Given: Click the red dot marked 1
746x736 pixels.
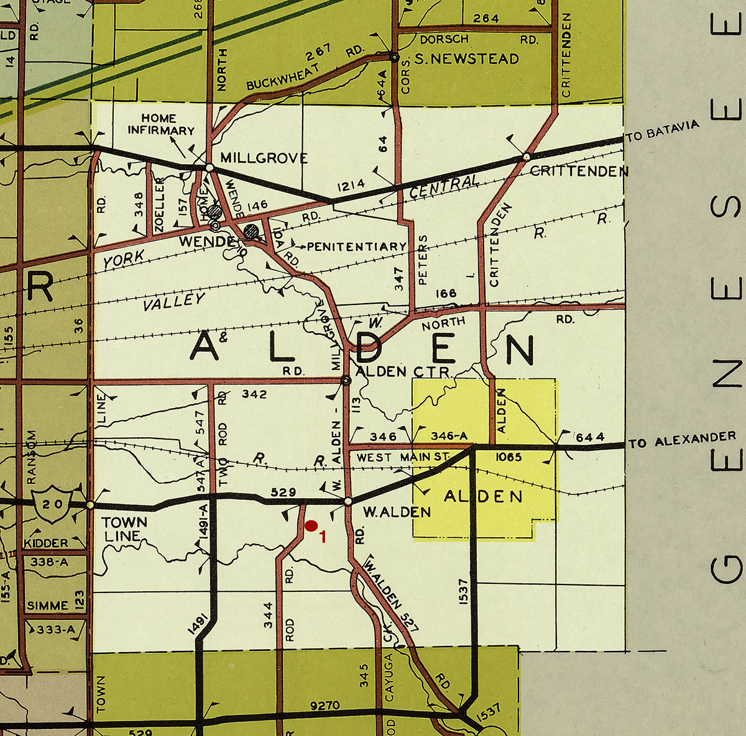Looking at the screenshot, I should click(311, 526).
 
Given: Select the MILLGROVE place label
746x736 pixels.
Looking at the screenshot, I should click(264, 158).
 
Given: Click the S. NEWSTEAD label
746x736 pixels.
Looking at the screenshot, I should click(466, 59).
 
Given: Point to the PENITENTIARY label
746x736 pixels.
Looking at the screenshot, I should click(357, 247).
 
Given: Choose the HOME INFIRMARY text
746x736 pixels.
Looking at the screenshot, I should click(160, 124).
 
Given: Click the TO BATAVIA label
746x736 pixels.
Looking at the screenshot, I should click(663, 131).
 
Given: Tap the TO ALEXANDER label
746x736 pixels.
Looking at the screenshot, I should click(682, 440).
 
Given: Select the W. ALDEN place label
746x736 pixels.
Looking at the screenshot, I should click(397, 512).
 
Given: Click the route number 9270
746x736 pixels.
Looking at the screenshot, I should click(325, 706).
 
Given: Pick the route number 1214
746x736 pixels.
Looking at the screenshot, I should click(351, 186).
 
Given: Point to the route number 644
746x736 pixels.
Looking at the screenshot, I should click(590, 437).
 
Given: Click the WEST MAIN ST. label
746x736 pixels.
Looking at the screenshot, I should click(403, 458).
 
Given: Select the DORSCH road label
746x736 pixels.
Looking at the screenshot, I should click(444, 39).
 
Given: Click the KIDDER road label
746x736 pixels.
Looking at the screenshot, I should click(46, 543).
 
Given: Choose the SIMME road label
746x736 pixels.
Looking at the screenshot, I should click(48, 606).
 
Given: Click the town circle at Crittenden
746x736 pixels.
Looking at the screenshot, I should click(526, 156).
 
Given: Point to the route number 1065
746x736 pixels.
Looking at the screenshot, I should click(509, 457).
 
